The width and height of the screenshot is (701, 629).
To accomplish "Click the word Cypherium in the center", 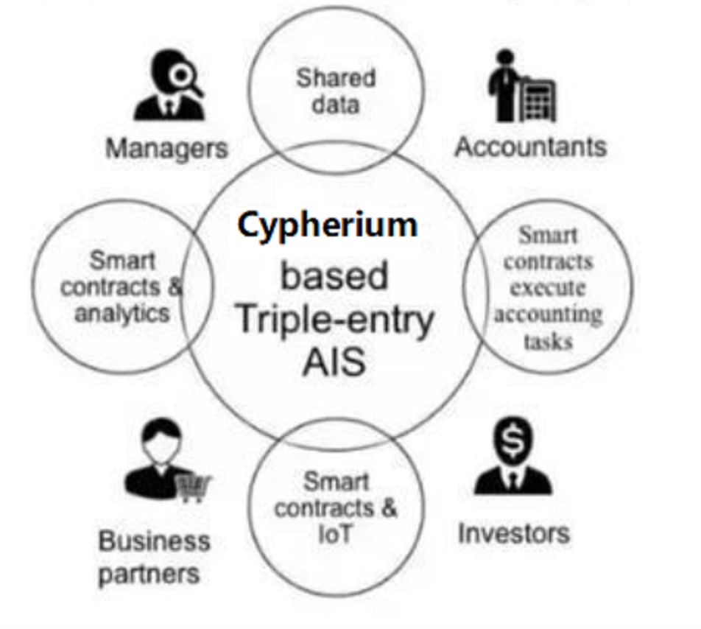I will point(327,225).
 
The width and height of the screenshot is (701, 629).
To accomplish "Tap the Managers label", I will point(166,148).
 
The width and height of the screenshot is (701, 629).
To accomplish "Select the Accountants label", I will point(530,147).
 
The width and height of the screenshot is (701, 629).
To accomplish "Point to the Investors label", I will point(513,533).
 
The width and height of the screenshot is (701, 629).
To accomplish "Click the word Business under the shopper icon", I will point(154,542).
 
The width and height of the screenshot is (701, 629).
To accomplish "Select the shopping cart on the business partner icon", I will point(193,487).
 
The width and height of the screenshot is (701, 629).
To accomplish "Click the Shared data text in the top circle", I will point(336,91).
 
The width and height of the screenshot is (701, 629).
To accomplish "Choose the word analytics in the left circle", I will point(122,313).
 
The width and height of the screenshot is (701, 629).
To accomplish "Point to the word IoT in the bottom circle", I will point(335,534).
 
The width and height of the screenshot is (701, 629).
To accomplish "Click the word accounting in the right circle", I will point(547,314).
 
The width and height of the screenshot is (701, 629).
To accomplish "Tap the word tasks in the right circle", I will point(548,341).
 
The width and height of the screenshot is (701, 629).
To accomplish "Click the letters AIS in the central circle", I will point(334,362).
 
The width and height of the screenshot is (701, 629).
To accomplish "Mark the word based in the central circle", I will point(334,276).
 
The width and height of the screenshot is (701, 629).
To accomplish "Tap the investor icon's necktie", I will point(512,481).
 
